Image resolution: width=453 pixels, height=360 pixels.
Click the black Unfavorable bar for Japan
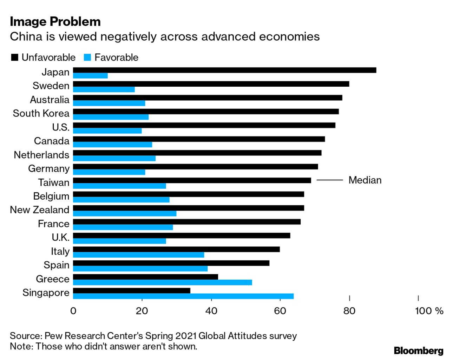coord(225,70)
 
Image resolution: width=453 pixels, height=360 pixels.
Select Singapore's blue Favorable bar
coord(183,296)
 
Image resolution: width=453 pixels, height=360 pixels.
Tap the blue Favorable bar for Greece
coord(163,282)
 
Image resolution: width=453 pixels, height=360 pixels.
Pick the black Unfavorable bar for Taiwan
coord(192,180)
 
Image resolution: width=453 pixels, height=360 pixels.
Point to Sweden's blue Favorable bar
coord(104,89)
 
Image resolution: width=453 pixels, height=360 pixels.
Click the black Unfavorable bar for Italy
coord(176,249)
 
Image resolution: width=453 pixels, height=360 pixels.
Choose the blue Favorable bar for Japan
coord(90,76)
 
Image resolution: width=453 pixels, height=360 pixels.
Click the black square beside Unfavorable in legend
coord(15,58)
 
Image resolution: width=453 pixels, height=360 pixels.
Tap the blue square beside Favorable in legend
coord(87,58)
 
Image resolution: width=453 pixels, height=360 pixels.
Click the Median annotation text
coord(365,180)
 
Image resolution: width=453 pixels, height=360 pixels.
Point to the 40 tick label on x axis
coord(211,311)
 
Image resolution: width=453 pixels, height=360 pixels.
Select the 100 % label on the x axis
coord(429,311)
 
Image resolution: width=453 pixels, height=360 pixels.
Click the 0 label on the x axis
coord(73,311)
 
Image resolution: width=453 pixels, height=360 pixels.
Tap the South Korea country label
coord(41,113)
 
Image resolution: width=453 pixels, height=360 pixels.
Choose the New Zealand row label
coord(40,210)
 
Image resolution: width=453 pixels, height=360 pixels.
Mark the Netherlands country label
coord(41,155)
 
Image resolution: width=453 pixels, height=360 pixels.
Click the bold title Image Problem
coord(55,22)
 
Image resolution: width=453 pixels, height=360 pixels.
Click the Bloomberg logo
coord(419,351)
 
